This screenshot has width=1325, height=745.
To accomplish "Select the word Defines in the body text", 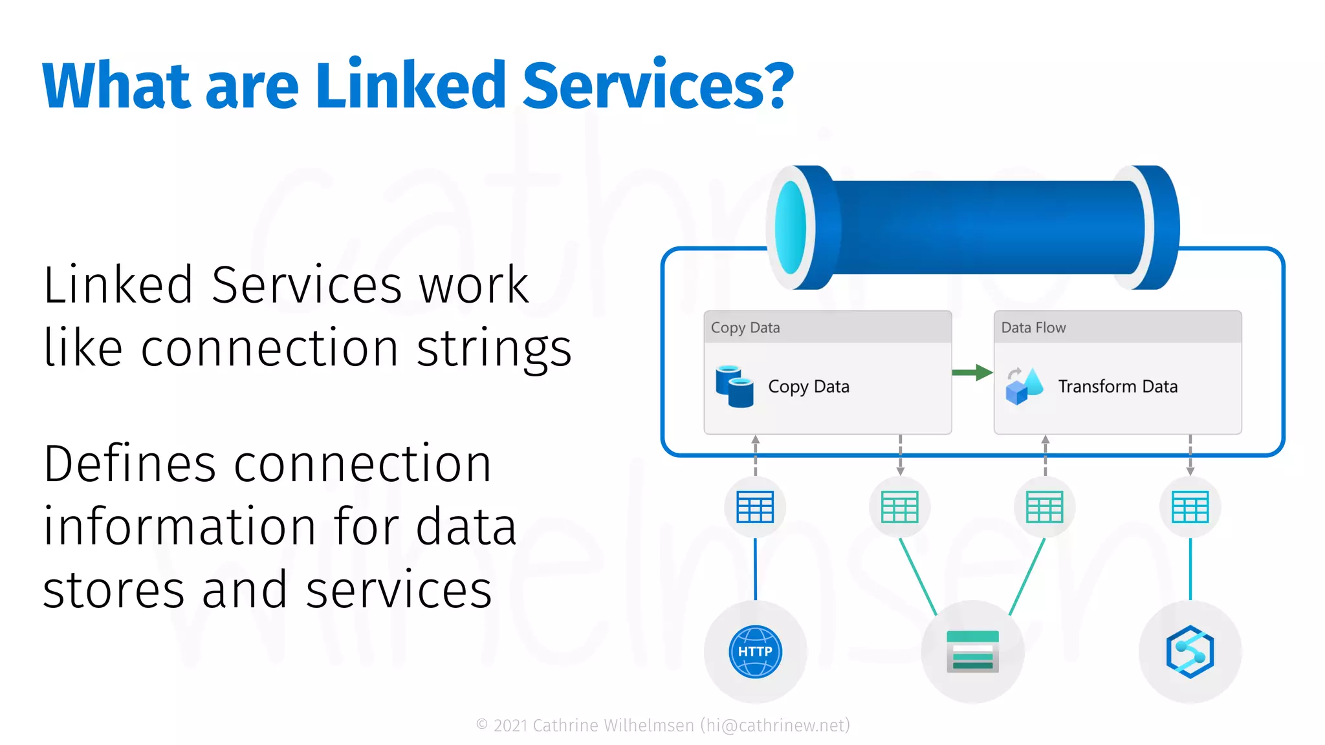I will point(129,464).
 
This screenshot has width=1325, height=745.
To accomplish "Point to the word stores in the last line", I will point(114,590).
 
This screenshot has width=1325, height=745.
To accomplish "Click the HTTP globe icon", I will point(755,651).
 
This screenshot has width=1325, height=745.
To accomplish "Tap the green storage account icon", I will point(972,651).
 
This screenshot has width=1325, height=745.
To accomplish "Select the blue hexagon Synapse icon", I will point(1190,651).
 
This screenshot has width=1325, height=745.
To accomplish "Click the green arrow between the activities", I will point(972,372).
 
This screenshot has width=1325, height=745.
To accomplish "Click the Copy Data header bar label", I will point(745,328).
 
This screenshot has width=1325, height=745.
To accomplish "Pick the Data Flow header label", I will point(1033,328).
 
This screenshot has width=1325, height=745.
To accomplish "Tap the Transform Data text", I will point(1117,387).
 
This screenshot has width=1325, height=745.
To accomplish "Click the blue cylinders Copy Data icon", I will point(734,387).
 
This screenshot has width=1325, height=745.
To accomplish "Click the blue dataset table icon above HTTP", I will point(755,507).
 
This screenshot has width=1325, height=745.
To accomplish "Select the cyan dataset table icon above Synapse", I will point(1190,507).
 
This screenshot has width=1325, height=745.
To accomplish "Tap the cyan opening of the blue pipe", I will point(791,228).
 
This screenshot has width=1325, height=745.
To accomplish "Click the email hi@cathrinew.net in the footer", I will point(775,726).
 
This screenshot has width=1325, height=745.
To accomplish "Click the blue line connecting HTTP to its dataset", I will point(755,569).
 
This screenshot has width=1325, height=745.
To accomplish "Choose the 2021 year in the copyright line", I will point(510,726).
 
